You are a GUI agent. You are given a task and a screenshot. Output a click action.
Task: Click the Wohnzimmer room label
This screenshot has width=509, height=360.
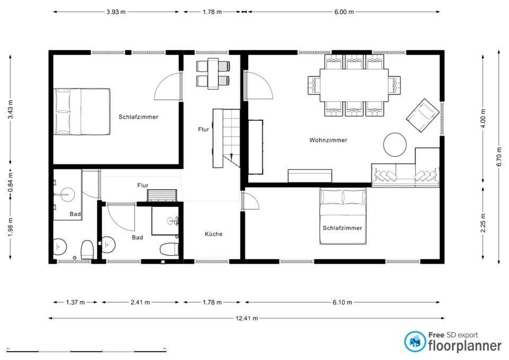point(328,140)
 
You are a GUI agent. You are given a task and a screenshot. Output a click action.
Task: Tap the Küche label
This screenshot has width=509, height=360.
point(214,234)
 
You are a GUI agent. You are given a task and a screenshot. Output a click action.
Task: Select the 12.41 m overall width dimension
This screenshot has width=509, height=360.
point(247,318)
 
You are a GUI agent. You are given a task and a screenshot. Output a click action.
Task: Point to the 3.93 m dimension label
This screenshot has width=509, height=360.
point(116,12)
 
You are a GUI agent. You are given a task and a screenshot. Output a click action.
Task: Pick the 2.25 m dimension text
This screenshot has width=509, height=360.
point(483,223)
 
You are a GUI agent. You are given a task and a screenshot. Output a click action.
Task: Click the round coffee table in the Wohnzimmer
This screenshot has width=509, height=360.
point(394,144)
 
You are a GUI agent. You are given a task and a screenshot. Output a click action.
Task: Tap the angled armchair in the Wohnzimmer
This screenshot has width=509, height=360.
point(423,116)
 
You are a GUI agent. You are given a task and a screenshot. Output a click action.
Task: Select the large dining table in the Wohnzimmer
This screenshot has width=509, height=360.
point(354,85)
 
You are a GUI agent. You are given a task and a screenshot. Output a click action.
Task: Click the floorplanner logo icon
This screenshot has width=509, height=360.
point(415,341)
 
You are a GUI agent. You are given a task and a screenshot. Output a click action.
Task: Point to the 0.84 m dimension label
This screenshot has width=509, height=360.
point(11,183)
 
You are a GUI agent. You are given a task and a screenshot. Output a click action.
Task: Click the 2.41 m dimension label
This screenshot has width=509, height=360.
point(140,302)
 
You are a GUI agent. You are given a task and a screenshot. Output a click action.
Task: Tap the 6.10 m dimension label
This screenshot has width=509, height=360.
point(342,302)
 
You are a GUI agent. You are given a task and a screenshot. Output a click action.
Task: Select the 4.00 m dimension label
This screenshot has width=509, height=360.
point(483,118)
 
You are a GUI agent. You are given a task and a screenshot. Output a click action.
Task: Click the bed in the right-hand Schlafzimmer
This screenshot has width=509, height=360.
point(343,216)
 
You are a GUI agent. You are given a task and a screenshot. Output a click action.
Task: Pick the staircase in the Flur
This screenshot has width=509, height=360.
point(226,138)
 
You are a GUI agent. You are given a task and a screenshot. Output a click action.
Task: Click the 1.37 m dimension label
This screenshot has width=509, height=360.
point(75,302)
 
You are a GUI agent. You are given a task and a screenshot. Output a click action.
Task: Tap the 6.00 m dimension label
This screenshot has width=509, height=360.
point(344,12)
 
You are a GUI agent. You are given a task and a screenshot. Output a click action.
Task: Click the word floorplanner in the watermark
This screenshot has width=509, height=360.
point(465,346)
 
